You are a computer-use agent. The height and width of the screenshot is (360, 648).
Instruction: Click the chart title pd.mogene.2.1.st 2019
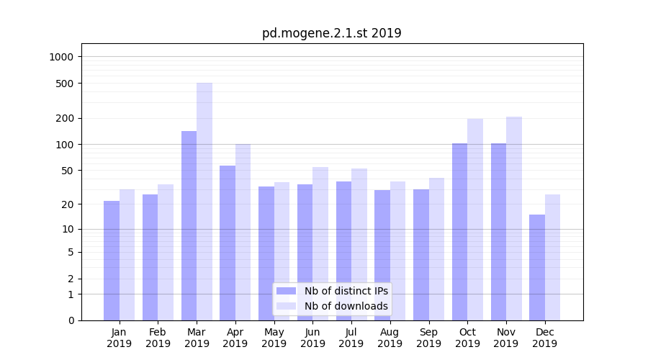coord(331,33)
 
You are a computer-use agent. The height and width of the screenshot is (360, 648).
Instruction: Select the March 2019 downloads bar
coord(204,202)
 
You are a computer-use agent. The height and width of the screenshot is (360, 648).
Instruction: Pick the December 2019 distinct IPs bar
coord(537,267)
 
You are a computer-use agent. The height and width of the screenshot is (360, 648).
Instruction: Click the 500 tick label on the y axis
coord(66,84)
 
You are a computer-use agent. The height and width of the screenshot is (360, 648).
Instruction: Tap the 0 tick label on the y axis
coord(71,320)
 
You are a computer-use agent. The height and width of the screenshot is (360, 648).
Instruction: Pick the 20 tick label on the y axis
coord(68,204)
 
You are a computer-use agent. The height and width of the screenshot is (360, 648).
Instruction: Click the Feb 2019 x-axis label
coord(158,338)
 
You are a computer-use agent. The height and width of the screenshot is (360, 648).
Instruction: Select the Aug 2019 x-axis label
coord(390,338)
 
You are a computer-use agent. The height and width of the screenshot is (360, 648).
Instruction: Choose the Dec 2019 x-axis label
coord(544,338)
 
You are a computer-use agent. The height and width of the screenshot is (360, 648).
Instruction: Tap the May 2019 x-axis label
coord(274,338)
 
